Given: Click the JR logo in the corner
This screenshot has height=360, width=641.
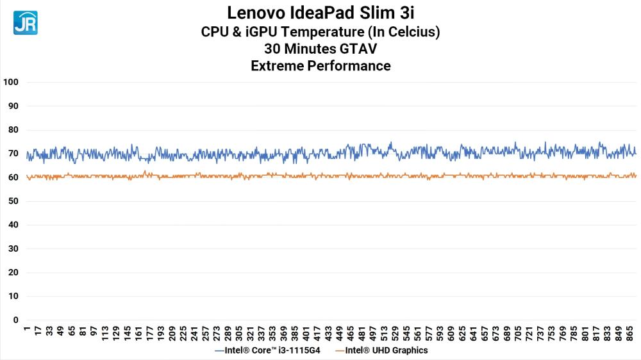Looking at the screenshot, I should [x=25, y=22].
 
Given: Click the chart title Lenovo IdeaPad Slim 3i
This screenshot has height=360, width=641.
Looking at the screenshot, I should [x=320, y=13].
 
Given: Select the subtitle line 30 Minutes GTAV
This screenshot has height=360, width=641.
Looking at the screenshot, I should [x=320, y=49].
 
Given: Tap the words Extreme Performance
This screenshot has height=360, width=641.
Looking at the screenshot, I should [x=320, y=65].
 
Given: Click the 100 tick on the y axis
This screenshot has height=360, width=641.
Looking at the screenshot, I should [x=11, y=82].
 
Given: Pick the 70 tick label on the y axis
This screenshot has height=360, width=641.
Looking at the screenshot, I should [x=13, y=154].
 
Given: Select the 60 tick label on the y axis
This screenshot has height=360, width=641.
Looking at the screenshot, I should [x=13, y=177].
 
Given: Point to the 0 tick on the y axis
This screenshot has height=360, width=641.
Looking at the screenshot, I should [x=15, y=320].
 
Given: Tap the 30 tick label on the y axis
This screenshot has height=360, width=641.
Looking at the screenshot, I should [x=13, y=249].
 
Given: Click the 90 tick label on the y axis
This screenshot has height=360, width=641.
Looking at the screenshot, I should [x=13, y=106].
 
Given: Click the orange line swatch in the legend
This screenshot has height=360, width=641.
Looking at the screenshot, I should [x=338, y=351].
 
